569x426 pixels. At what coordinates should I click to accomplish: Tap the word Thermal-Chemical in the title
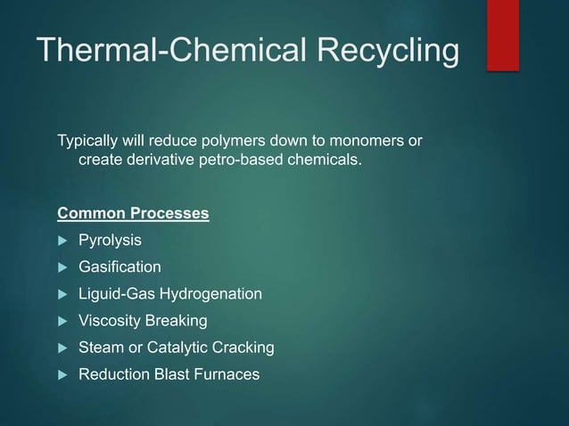pyautogui.click(x=162, y=51)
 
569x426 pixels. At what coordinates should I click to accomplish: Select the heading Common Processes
pyautogui.click(x=133, y=214)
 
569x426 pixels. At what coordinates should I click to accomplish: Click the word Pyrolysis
pyautogui.click(x=109, y=241)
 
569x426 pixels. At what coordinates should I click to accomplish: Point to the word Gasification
pyautogui.click(x=120, y=267)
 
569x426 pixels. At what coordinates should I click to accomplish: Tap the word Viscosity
pyautogui.click(x=111, y=321)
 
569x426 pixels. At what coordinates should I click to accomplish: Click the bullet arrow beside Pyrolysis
pyautogui.click(x=62, y=242)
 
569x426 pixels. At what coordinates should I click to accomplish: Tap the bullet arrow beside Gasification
pyautogui.click(x=62, y=268)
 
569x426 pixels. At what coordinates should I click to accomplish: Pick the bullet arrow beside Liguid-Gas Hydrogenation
pyautogui.click(x=62, y=295)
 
